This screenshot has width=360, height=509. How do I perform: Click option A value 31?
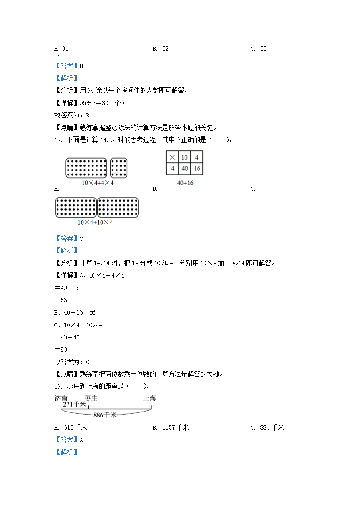65,49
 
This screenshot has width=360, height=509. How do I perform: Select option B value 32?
165,49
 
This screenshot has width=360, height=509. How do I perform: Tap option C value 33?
263,49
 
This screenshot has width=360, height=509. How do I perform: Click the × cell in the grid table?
172,158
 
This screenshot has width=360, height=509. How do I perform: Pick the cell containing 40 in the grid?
185,169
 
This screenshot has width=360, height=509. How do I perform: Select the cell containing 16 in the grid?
197,169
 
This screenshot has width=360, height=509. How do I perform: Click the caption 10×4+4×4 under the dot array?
97,183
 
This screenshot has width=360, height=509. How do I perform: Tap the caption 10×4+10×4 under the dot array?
95,223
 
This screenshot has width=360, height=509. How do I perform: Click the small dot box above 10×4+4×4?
119,168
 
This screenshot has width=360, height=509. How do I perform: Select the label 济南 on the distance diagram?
61,398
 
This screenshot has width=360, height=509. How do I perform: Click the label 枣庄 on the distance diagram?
91,398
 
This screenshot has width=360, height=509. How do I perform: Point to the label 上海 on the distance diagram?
150,398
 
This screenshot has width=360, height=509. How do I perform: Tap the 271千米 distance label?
74,405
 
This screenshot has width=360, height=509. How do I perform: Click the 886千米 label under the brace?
105,415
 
